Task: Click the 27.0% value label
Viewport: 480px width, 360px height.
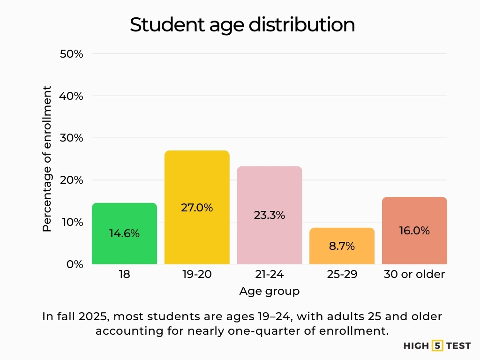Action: (197, 208)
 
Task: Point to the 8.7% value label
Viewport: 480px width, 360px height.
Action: (342, 246)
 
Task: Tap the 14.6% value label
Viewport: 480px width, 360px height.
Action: (124, 233)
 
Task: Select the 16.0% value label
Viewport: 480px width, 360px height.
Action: (414, 231)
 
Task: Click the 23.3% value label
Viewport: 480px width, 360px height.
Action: (270, 216)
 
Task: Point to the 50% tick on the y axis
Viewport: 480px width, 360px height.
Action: (72, 54)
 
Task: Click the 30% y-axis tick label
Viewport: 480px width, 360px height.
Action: (72, 138)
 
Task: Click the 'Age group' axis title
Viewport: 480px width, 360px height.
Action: (269, 291)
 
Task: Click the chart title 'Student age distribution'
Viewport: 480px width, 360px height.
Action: (242, 25)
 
